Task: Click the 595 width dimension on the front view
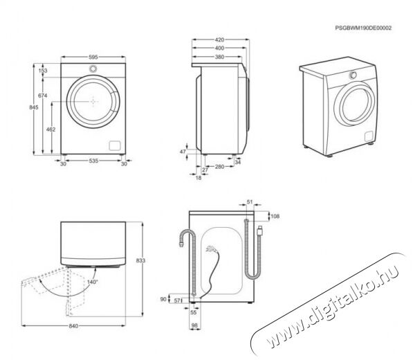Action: pyautogui.click(x=93, y=57)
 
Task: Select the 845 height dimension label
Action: pyautogui.click(x=34, y=107)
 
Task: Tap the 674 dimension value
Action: pyautogui.click(x=43, y=96)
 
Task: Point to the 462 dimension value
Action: pyautogui.click(x=51, y=129)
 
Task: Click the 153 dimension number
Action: pyautogui.click(x=43, y=71)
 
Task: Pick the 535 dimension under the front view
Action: pyautogui.click(x=93, y=161)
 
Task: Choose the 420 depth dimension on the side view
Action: pyautogui.click(x=219, y=39)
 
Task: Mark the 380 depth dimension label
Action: pyautogui.click(x=219, y=57)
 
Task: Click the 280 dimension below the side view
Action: pyautogui.click(x=220, y=167)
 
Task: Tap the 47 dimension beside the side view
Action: pyautogui.click(x=183, y=152)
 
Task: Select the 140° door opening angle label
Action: pyautogui.click(x=93, y=282)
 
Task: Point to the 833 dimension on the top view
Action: pyautogui.click(x=140, y=260)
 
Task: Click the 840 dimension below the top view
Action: pyautogui.click(x=73, y=326)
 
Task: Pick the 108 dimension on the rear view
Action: pyautogui.click(x=275, y=217)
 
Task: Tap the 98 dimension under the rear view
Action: pyautogui.click(x=194, y=326)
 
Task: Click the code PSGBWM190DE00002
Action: pyautogui.click(x=363, y=28)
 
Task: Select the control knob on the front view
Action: pyautogui.click(x=93, y=69)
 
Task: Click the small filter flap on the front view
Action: pyautogui.click(x=115, y=145)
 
